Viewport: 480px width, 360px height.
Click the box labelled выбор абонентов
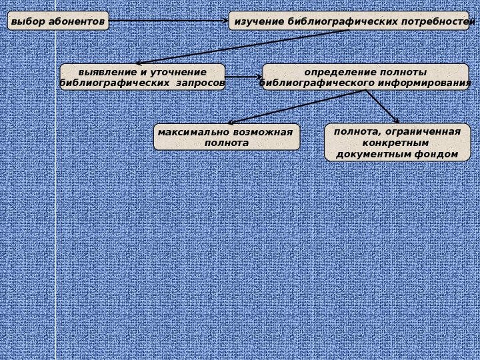click(58, 21)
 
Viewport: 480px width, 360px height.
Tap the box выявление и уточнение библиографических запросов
click(142, 77)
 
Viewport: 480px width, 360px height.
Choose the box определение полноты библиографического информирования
click(365, 77)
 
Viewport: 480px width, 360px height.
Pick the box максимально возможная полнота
click(227, 137)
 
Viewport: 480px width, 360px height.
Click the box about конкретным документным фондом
click(397, 143)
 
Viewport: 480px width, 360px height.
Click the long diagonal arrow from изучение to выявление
click(240, 47)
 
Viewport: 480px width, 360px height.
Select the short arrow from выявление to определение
click(243, 77)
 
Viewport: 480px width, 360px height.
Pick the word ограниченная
click(427, 131)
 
